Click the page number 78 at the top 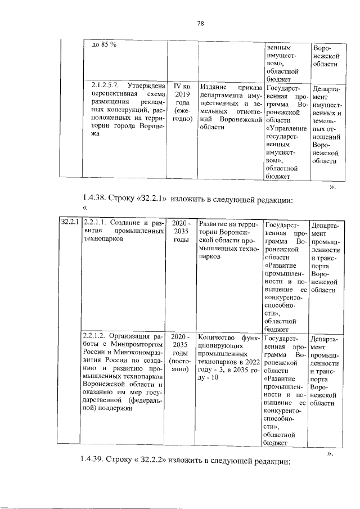200,23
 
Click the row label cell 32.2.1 70,224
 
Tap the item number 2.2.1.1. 103,224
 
